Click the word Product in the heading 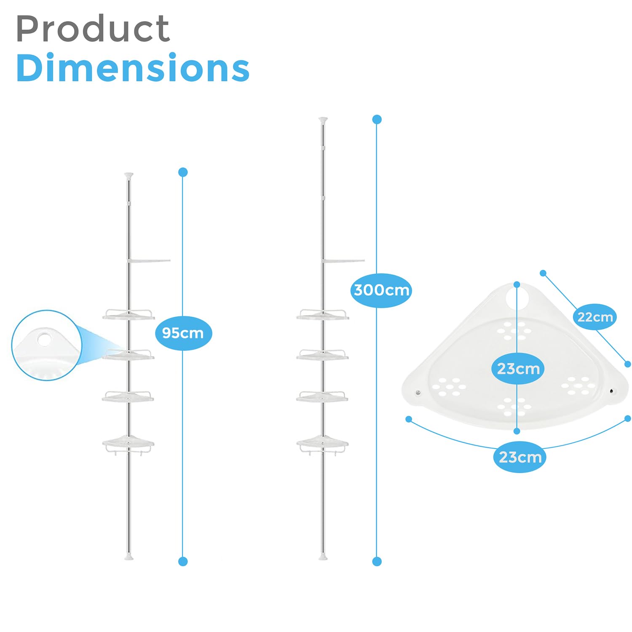point(93,29)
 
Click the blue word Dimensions point(133,68)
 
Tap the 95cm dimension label point(183,333)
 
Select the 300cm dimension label point(381,290)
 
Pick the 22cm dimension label point(595,317)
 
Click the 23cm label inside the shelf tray point(518,369)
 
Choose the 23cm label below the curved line point(520,457)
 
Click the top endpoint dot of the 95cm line point(183,172)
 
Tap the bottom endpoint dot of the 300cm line point(377,561)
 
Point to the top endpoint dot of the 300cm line point(377,120)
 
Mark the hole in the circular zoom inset point(44,339)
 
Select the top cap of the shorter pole point(129,175)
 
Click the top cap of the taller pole point(323,120)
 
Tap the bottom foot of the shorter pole point(129,557)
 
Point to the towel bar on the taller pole point(343,261)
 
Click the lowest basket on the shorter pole point(128,443)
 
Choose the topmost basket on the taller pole point(323,315)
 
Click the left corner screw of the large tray point(418,393)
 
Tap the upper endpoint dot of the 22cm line point(543,273)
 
